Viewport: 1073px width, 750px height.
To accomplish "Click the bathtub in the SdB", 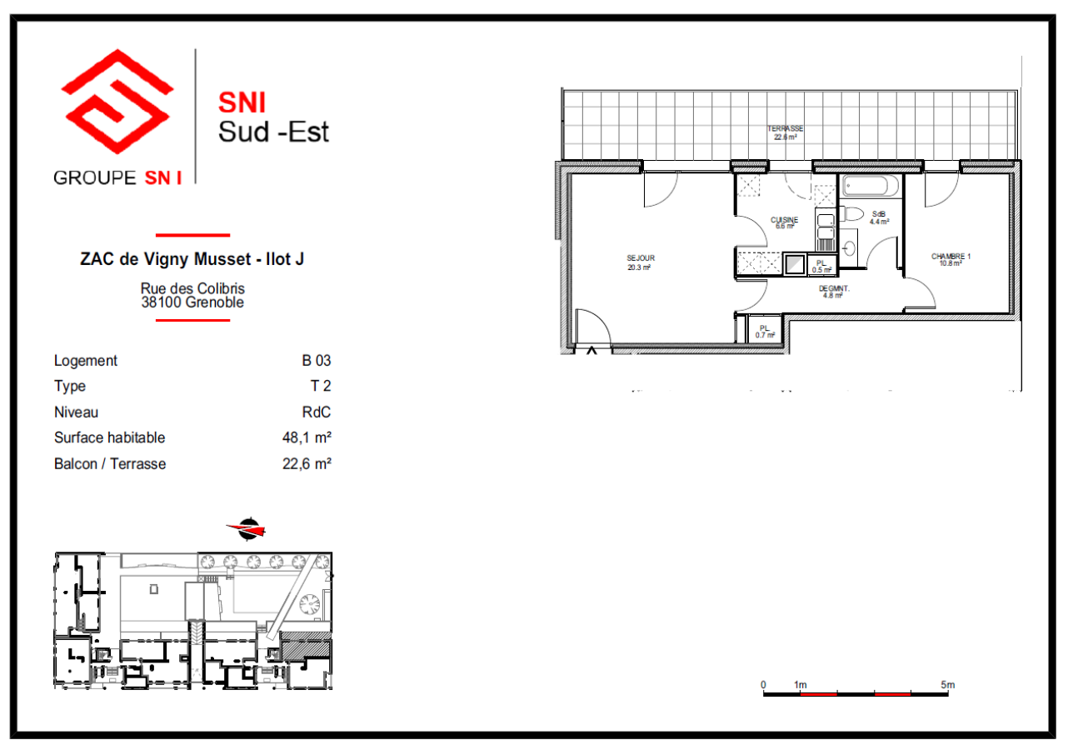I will click(x=871, y=186).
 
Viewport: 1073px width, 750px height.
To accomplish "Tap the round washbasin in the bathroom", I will click(x=849, y=247).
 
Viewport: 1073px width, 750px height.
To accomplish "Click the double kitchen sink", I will click(x=825, y=227).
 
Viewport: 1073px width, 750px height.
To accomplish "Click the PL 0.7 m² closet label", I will click(x=765, y=331).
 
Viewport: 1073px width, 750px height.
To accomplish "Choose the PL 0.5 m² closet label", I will click(x=821, y=266).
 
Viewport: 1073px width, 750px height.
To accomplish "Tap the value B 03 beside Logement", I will click(x=317, y=361).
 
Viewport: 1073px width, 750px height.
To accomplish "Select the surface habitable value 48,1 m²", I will click(x=307, y=437).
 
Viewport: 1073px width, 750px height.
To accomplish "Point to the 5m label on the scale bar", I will click(x=947, y=685).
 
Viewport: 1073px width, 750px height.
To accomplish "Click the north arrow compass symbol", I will click(x=247, y=528).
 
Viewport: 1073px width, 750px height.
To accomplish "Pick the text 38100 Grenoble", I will click(x=192, y=302).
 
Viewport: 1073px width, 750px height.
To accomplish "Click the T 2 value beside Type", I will click(x=321, y=387).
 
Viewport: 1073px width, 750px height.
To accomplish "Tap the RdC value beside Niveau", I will click(x=318, y=412).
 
